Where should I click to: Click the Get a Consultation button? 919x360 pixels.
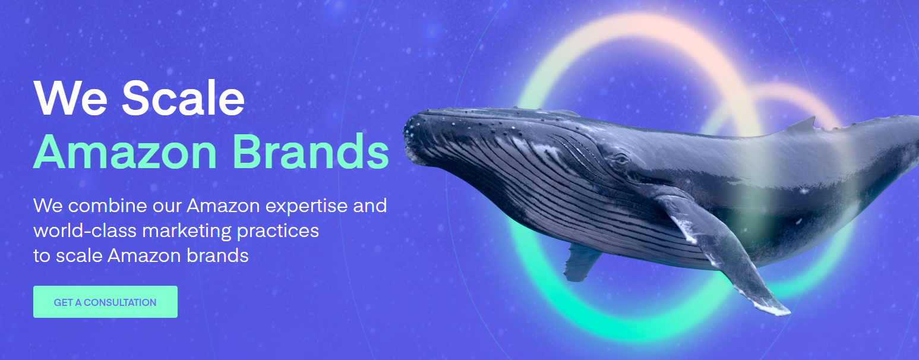coord(105,302)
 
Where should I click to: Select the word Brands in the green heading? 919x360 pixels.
coord(311,151)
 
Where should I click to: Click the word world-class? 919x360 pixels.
coord(85,230)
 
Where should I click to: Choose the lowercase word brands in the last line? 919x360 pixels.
coord(217,255)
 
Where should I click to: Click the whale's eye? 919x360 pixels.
coord(621,159)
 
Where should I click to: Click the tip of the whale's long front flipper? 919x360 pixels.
coord(788,313)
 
